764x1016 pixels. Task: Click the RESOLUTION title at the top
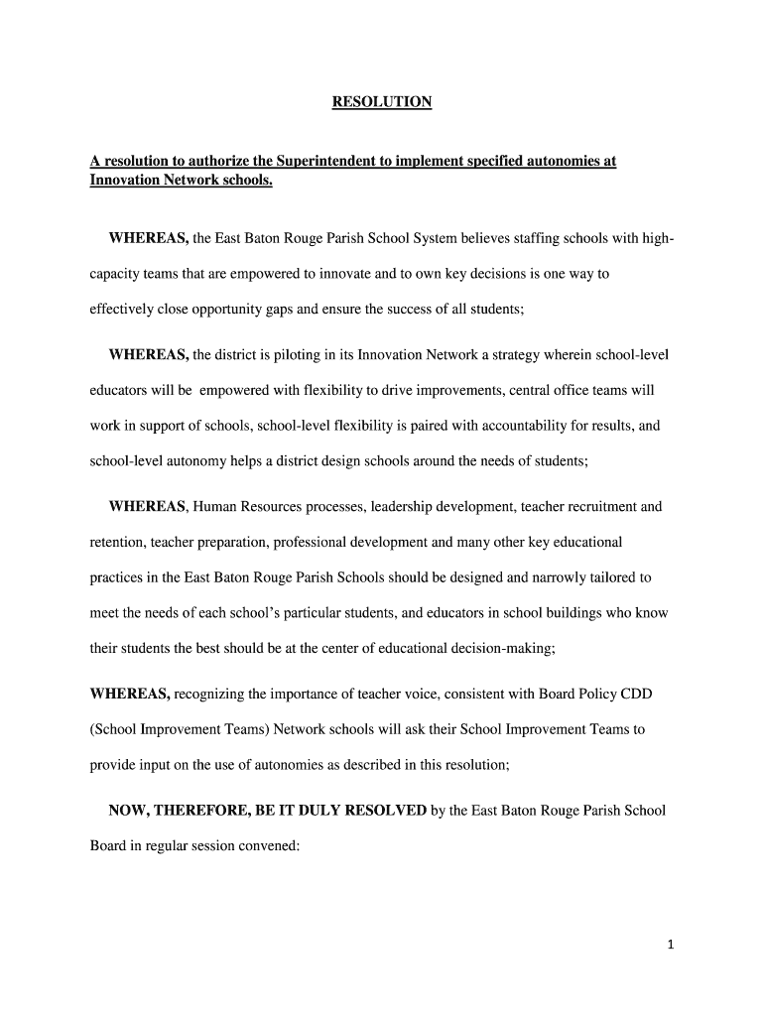click(x=382, y=102)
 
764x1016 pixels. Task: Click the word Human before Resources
click(x=215, y=507)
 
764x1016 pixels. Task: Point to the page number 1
click(x=671, y=945)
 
